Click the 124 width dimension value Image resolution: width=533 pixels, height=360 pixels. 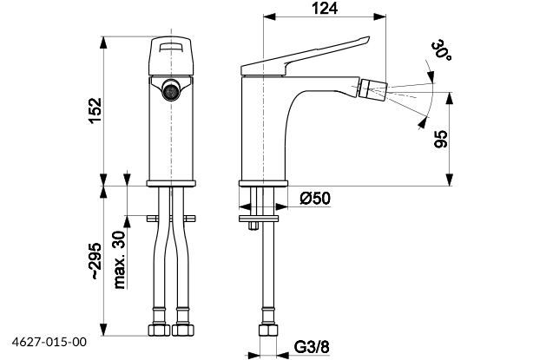tap(325, 9)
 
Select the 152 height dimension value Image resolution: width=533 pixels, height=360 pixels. tap(95, 111)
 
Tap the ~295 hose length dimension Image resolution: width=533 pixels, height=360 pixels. tap(95, 261)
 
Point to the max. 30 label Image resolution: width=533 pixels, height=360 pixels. tap(119, 260)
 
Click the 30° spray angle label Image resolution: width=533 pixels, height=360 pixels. tap(442, 50)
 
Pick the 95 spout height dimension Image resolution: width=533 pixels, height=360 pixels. tap(441, 139)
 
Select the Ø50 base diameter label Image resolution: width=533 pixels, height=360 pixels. tap(315, 199)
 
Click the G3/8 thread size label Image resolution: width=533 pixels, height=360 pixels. tap(312, 347)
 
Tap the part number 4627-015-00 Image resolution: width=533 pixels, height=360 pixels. tap(49, 342)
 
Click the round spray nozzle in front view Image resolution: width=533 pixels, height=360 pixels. tap(171, 89)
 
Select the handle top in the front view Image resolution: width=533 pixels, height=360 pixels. tap(171, 56)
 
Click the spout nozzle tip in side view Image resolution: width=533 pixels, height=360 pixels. tap(373, 90)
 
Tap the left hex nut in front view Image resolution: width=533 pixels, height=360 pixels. tap(159, 330)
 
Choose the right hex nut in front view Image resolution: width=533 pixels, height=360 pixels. tap(183, 330)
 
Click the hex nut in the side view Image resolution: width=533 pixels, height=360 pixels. tap(268, 330)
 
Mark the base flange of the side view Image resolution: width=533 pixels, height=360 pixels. tap(263, 184)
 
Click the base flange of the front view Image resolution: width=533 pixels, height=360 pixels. tap(171, 184)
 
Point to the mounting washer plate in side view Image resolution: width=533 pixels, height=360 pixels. tap(259, 219)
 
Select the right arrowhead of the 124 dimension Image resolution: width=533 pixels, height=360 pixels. tap(380, 16)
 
